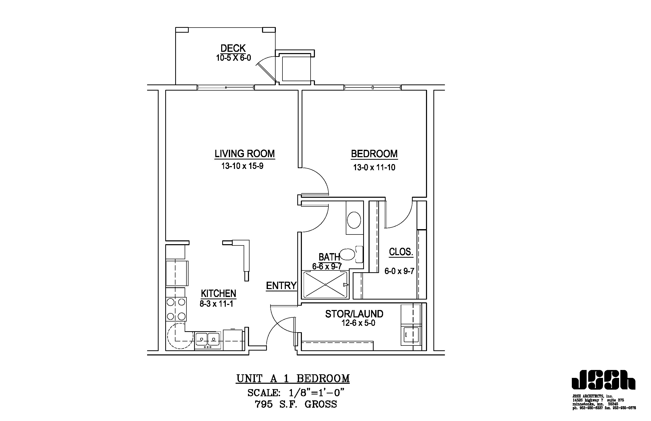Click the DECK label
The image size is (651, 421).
tap(233, 48)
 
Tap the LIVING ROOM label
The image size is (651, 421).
tap(244, 154)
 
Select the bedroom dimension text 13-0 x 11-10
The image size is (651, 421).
tap(374, 167)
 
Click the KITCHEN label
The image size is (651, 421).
tap(218, 294)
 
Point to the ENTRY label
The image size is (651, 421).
tap(281, 286)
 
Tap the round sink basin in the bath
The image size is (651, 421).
tap(354, 220)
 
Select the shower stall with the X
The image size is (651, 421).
tap(325, 284)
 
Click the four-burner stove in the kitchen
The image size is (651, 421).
tap(176, 309)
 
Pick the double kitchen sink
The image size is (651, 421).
tap(207, 340)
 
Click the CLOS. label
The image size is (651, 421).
tap(401, 252)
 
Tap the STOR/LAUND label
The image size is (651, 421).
tap(354, 314)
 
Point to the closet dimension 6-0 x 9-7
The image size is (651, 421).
tap(399, 271)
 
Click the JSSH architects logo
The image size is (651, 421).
tap(603, 380)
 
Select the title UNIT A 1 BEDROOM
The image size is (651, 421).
tap(293, 379)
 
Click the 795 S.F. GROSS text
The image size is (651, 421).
tap(296, 404)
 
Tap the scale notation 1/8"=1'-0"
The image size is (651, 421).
tap(316, 393)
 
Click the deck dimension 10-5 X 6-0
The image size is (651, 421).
tap(233, 58)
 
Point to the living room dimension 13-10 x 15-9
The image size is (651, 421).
tap(242, 166)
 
